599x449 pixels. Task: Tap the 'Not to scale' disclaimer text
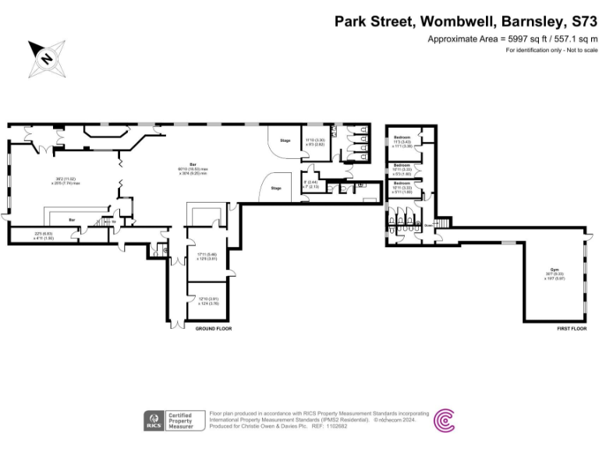(576, 50)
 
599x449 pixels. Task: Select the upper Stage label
(285, 140)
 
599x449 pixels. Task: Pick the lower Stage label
(275, 188)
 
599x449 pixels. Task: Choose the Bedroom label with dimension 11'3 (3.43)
(402, 137)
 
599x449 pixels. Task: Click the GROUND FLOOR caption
(213, 328)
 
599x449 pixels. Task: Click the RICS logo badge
(153, 420)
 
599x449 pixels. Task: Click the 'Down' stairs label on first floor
(427, 224)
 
